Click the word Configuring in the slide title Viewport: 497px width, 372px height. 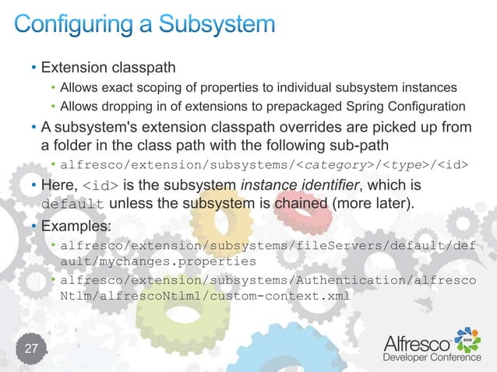[x=75, y=26]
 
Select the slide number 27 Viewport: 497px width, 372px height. [x=31, y=348]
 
